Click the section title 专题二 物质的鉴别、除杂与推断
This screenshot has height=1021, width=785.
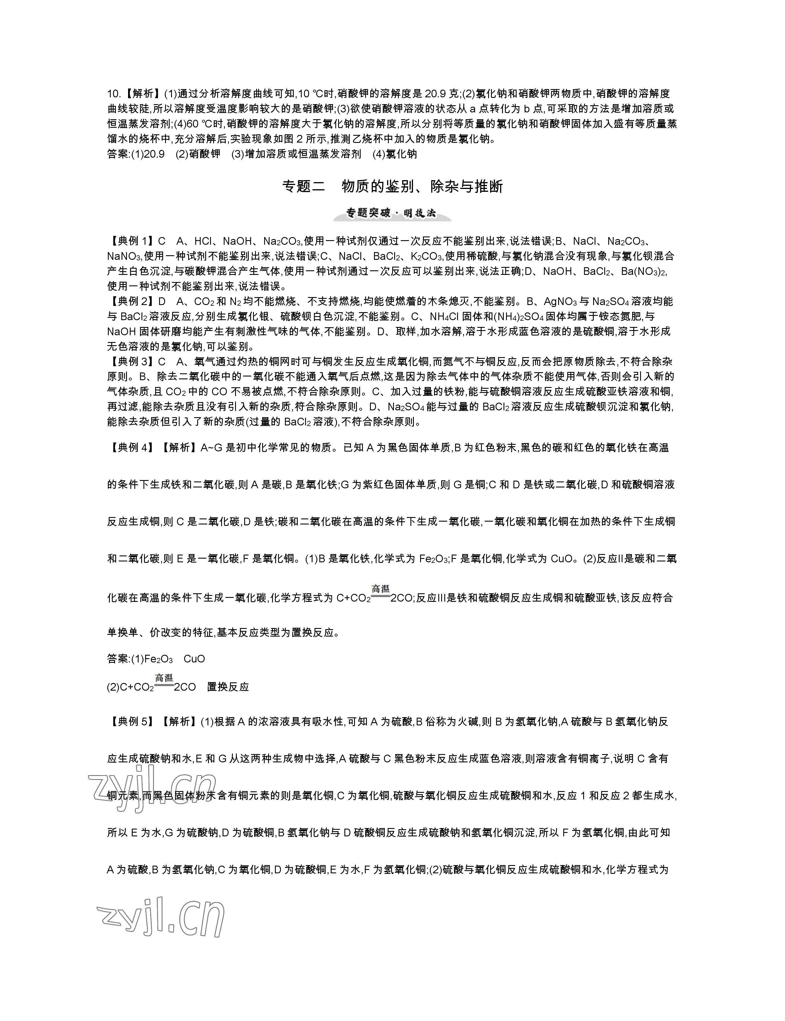pyautogui.click(x=392, y=187)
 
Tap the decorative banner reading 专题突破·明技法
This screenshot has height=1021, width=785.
pyautogui.click(x=392, y=214)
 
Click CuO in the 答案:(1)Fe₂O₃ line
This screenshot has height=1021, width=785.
pyautogui.click(x=194, y=659)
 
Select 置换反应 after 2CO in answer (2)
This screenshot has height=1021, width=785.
pyautogui.click(x=228, y=687)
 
